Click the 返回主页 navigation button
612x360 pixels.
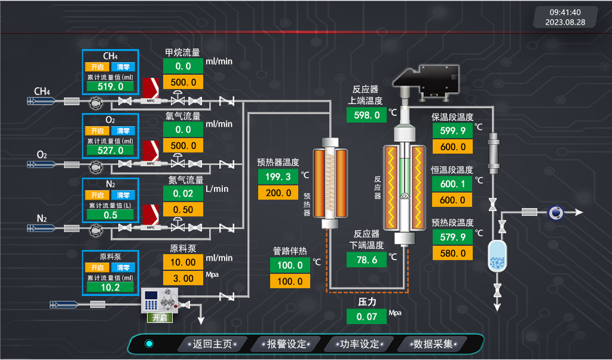pos(212,344)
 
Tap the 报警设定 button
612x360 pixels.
pos(286,344)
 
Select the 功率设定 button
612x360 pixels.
pos(359,344)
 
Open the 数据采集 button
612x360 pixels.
pos(433,344)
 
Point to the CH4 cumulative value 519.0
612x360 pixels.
pos(111,86)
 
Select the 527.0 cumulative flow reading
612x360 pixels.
pos(111,151)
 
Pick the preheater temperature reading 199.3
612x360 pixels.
pos(278,176)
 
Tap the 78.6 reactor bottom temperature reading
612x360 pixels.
pos(366,260)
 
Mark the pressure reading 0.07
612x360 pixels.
pos(366,316)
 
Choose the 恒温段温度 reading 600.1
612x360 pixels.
pos(452,184)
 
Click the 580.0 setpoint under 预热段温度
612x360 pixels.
pos(452,253)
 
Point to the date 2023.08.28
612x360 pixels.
pos(565,22)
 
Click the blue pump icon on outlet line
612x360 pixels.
pos(556,212)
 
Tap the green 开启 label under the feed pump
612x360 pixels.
pos(159,318)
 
